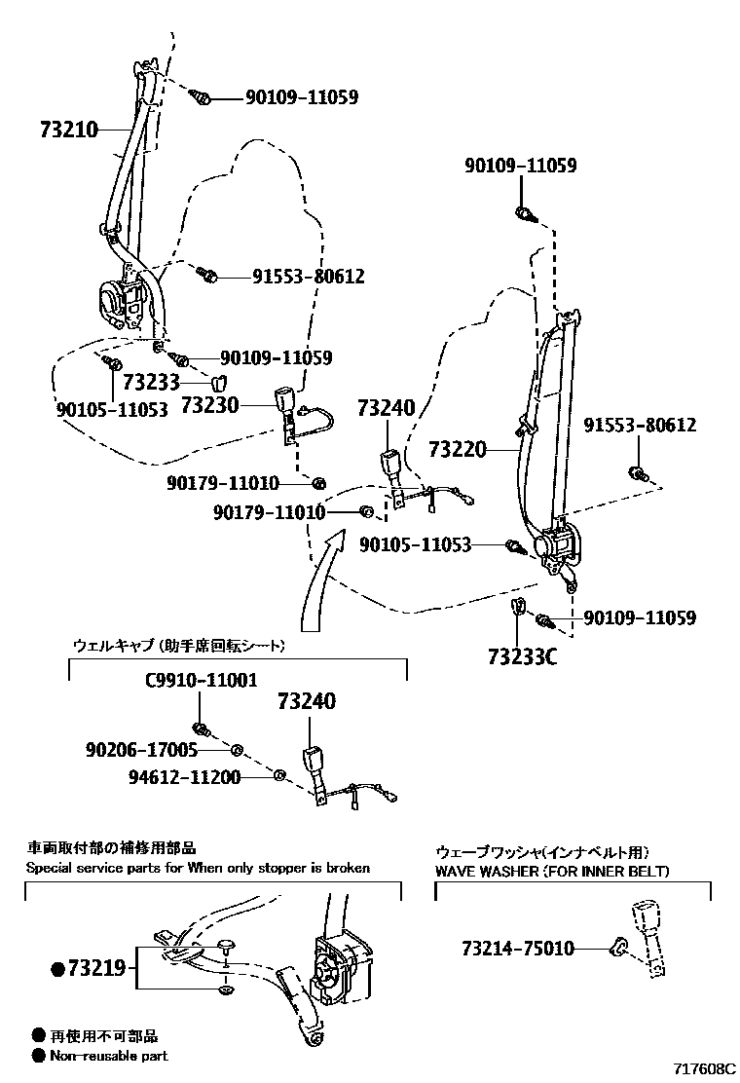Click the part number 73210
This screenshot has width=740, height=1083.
pyautogui.click(x=69, y=129)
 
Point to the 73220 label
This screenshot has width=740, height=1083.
pyautogui.click(x=457, y=450)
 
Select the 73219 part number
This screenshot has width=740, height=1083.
pyautogui.click(x=97, y=968)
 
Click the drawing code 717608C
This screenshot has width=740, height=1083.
pyautogui.click(x=698, y=1068)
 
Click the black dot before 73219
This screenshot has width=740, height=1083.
pyautogui.click(x=57, y=968)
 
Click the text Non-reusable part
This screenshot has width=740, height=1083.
pyautogui.click(x=108, y=1056)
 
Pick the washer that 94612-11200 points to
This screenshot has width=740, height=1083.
pyautogui.click(x=278, y=775)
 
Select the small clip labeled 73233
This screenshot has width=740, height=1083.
pyautogui.click(x=219, y=382)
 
